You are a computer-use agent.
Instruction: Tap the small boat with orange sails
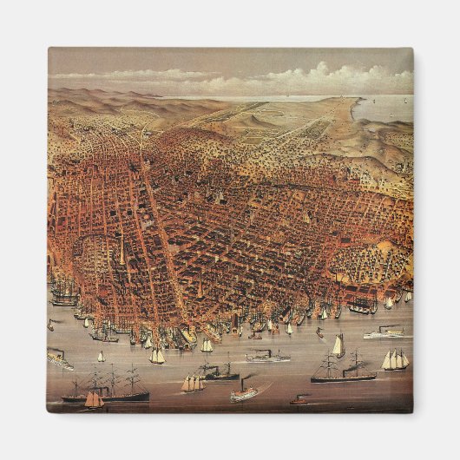(95, 400)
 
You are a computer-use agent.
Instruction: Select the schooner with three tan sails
(192, 382)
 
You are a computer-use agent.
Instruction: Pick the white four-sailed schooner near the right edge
(395, 359)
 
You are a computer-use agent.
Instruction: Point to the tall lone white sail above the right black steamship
(338, 345)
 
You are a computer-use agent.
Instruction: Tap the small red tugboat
(299, 400)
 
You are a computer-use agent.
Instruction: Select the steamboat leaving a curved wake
(245, 393)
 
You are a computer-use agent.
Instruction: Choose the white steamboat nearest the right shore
(383, 332)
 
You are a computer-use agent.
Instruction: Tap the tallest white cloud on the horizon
(325, 71)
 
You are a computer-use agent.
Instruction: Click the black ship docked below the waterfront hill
(362, 306)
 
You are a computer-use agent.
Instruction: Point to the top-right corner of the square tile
(413, 49)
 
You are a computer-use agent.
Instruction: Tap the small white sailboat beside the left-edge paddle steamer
(101, 356)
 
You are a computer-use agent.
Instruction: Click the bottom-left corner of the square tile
(47, 413)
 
